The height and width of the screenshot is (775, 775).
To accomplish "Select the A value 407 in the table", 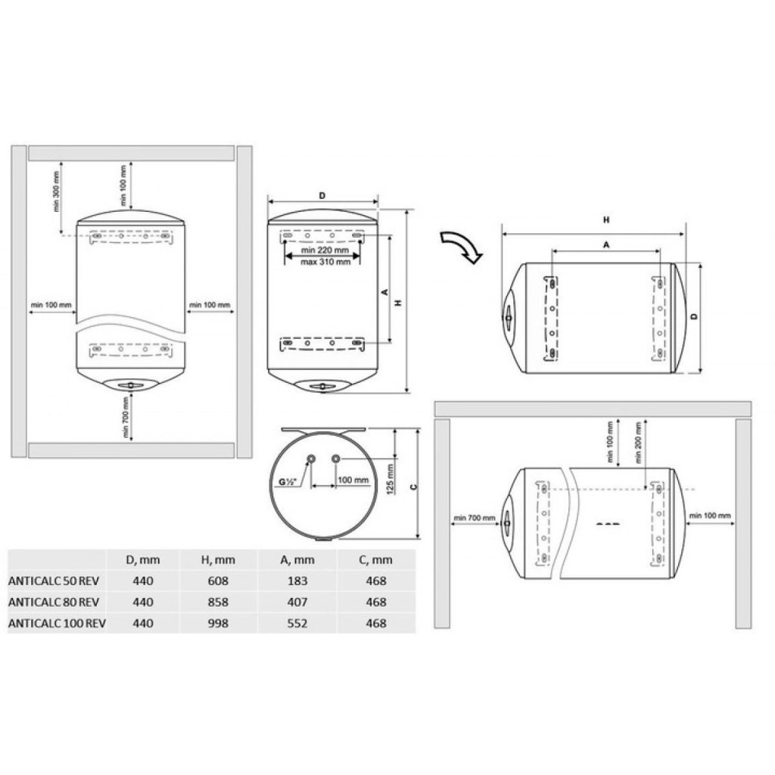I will pyautogui.click(x=297, y=602).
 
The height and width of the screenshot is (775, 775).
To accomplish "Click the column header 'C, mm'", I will pyautogui.click(x=375, y=560).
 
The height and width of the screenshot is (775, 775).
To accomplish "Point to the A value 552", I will pyautogui.click(x=297, y=624).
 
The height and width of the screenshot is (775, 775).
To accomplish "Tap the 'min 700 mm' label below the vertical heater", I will pyautogui.click(x=125, y=417).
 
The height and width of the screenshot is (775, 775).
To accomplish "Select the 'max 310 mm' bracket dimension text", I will pyautogui.click(x=325, y=262).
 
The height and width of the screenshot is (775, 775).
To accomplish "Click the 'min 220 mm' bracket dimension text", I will pyautogui.click(x=325, y=251).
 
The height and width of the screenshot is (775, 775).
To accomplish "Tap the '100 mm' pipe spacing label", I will pyautogui.click(x=353, y=481).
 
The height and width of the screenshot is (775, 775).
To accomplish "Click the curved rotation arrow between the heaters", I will pyautogui.click(x=462, y=247).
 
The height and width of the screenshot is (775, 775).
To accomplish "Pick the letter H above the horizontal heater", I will pyautogui.click(x=605, y=220).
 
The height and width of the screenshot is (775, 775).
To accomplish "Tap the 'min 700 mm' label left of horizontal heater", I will pyautogui.click(x=474, y=518).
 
